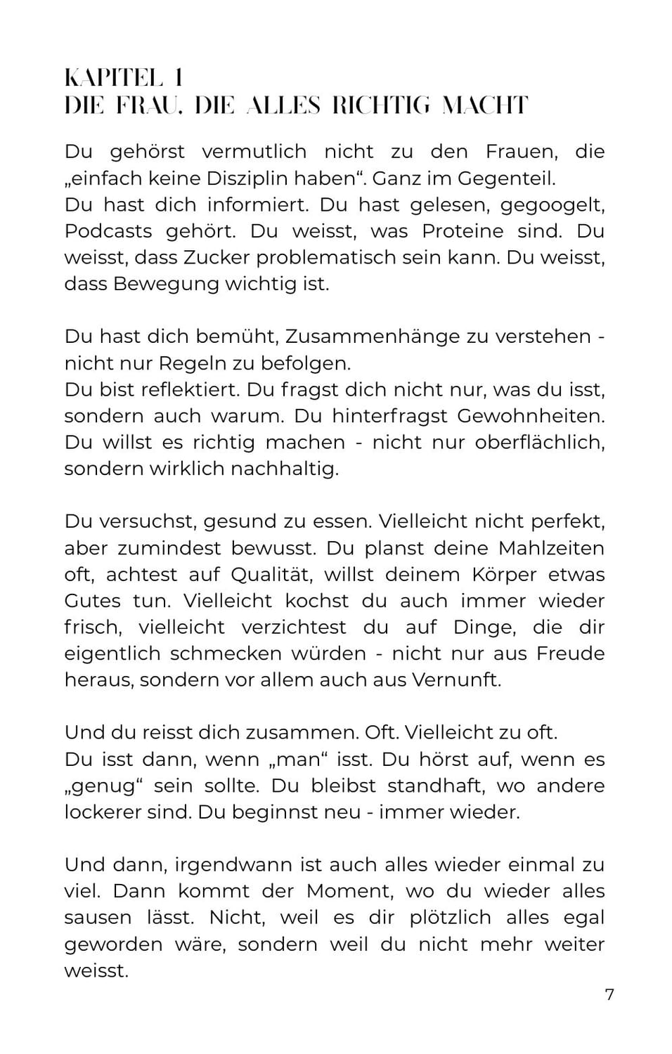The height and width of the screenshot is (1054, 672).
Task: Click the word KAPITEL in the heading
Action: tap(112, 77)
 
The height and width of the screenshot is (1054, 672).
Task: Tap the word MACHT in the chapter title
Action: tap(484, 105)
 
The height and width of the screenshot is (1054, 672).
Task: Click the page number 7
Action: tap(609, 994)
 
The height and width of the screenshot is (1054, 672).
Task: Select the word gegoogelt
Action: tap(553, 204)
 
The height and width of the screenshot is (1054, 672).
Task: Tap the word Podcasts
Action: tap(108, 231)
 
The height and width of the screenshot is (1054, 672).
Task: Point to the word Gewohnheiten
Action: tap(531, 416)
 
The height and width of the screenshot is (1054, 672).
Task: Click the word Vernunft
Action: tap(456, 680)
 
